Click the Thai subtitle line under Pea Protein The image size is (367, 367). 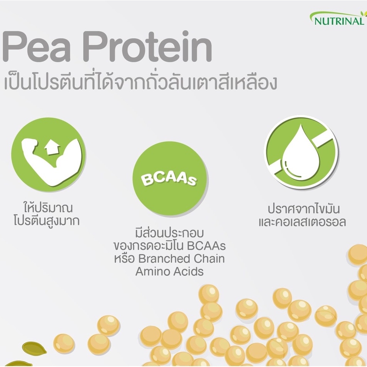pos(140,83)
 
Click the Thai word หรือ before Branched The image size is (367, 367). pos(123,258)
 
